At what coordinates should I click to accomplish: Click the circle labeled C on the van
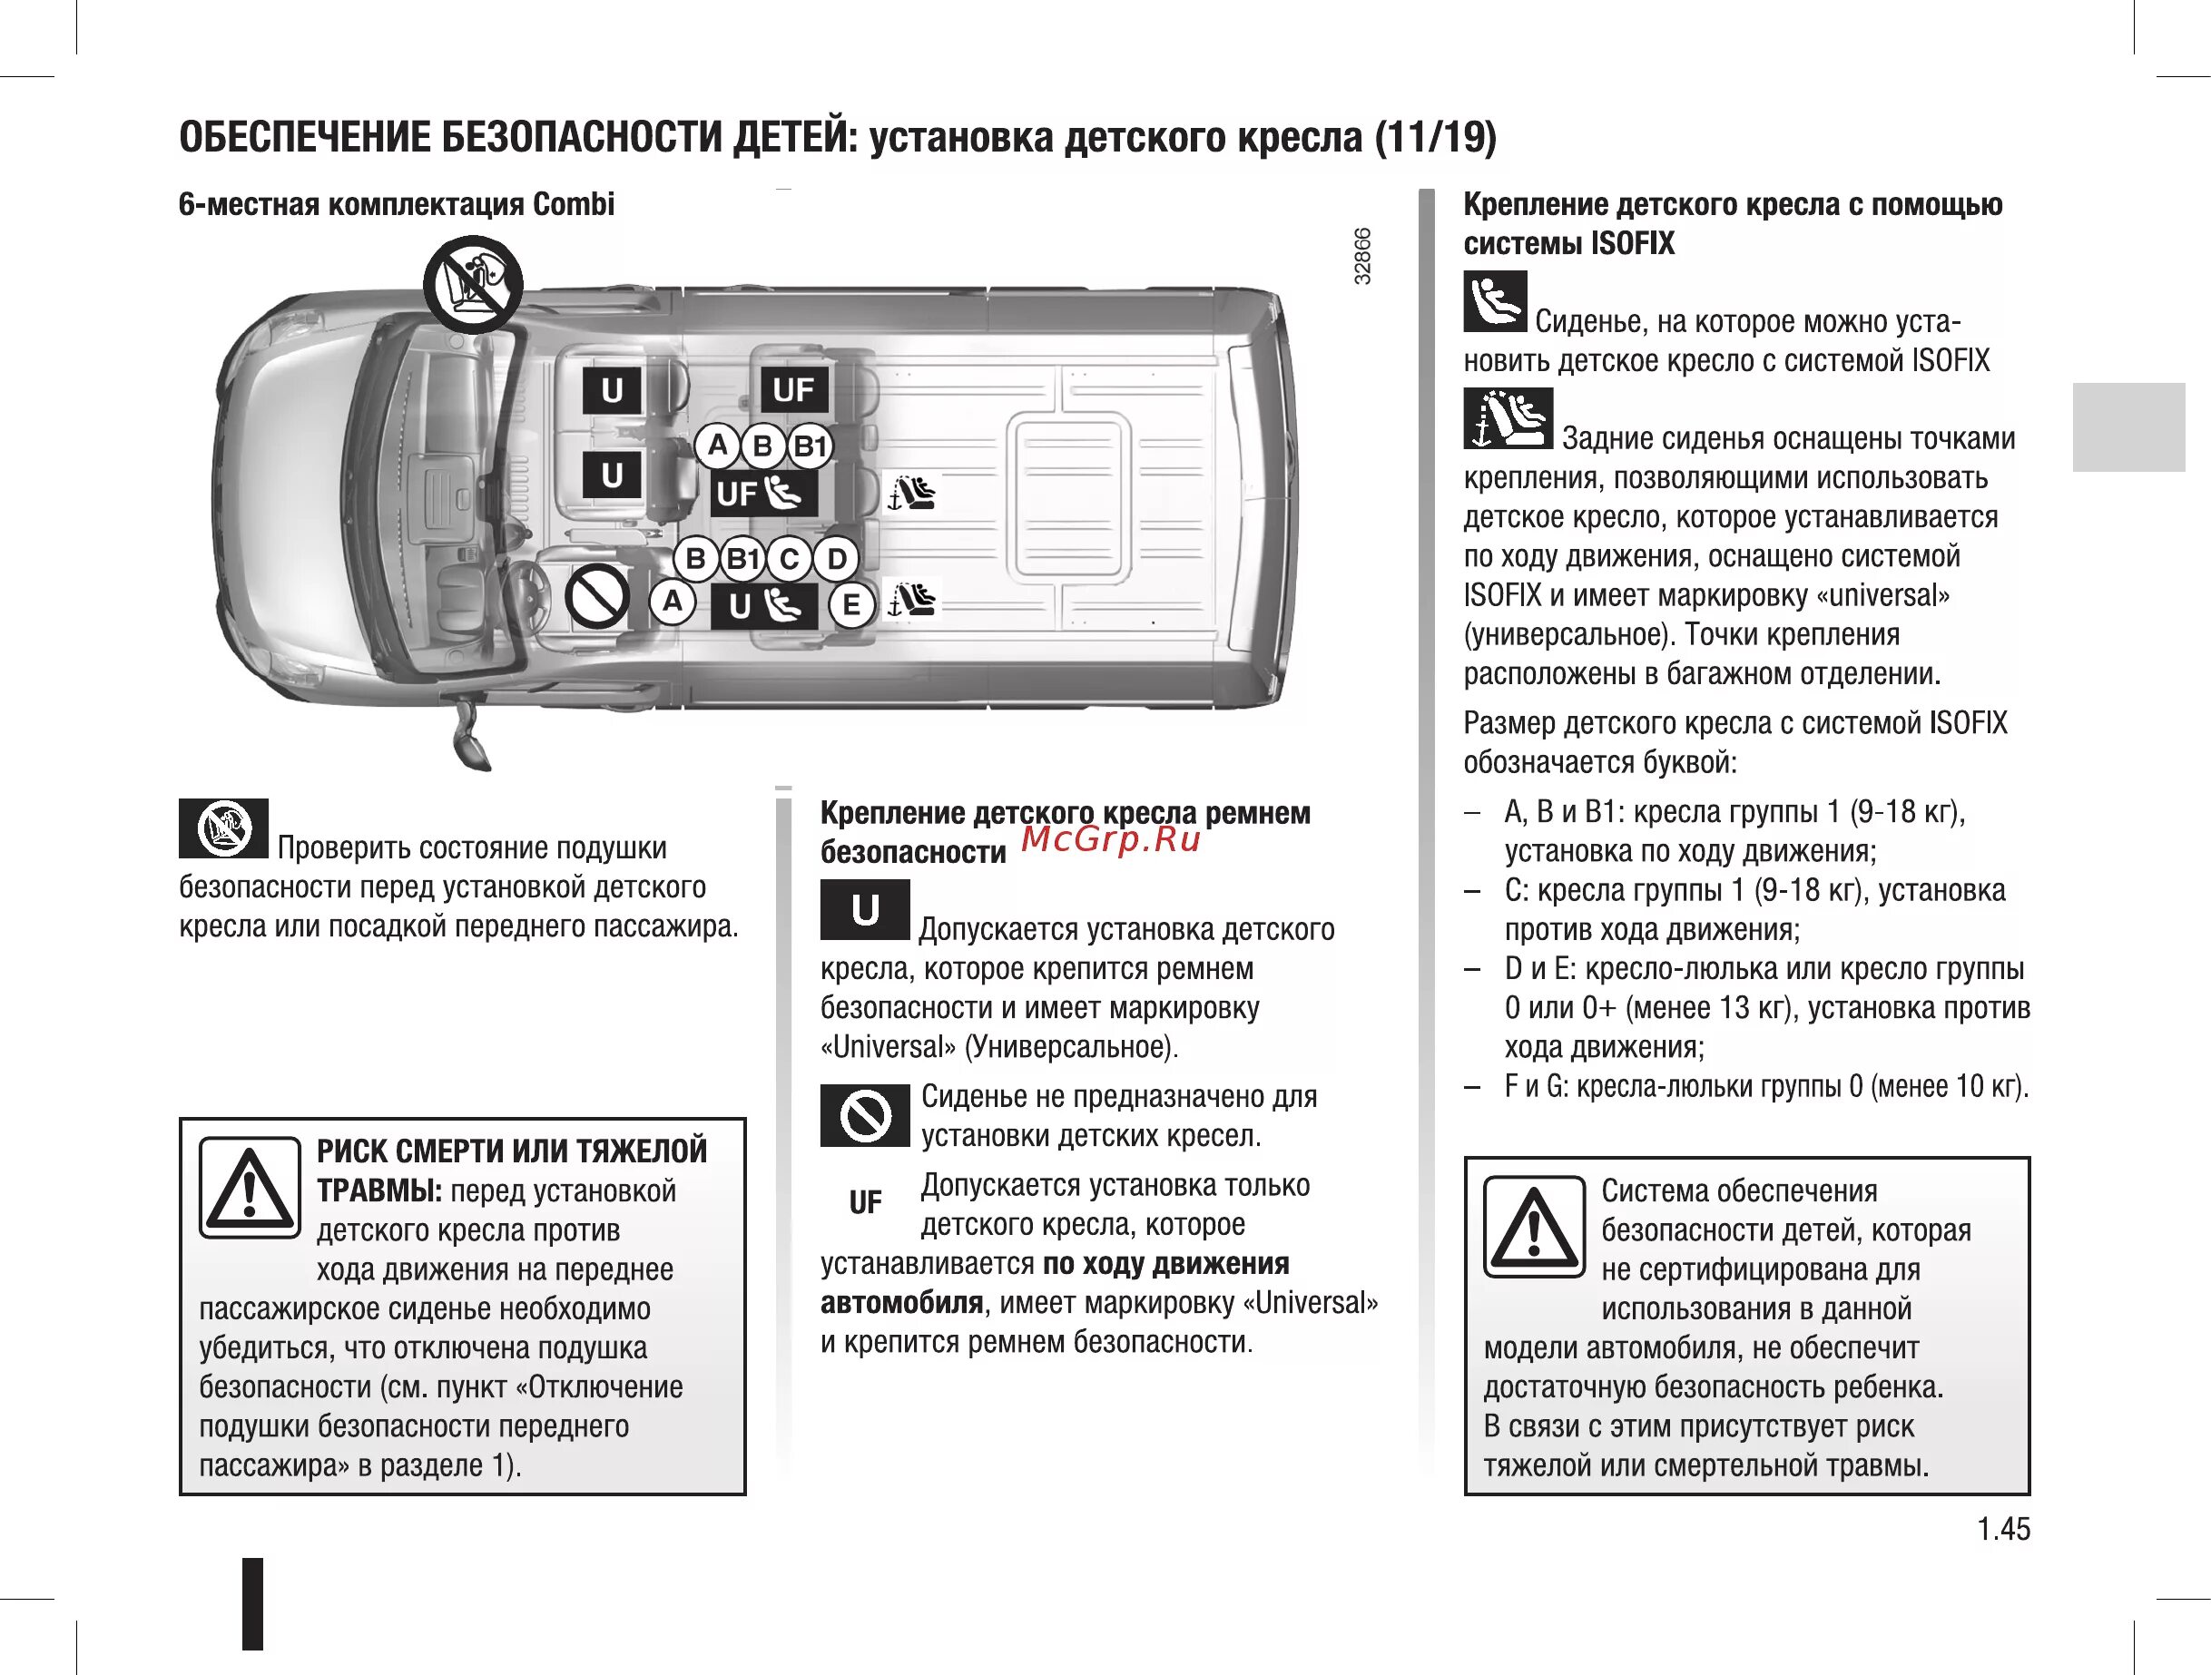click(x=790, y=559)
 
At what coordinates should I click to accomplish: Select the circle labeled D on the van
click(x=837, y=559)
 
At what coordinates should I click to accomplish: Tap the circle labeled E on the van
click(x=850, y=604)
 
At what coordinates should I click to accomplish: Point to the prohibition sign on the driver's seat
click(x=596, y=597)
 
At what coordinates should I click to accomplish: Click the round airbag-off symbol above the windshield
click(x=473, y=284)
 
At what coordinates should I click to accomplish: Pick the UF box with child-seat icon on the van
click(x=762, y=493)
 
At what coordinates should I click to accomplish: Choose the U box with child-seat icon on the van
click(x=763, y=605)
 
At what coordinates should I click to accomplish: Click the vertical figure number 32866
click(x=1362, y=257)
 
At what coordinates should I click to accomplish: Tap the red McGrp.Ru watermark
click(x=1109, y=839)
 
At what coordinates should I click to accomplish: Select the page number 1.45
click(x=2003, y=1528)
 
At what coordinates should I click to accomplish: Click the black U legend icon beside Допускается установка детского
click(x=865, y=909)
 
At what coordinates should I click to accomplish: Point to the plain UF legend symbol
click(x=865, y=1202)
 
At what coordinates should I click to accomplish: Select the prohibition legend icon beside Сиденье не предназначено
click(x=865, y=1114)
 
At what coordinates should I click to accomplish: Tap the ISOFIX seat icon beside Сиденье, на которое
click(x=1494, y=301)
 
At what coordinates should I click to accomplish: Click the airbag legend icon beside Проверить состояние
click(x=223, y=828)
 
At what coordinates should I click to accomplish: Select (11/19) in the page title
click(x=1435, y=137)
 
